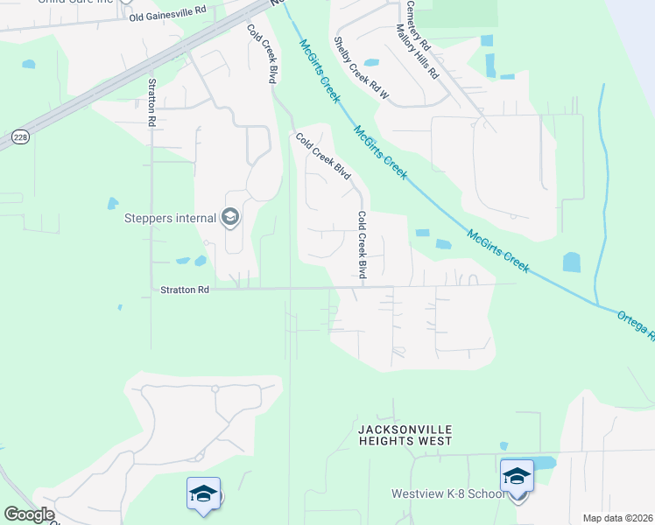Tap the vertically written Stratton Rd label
(151, 103)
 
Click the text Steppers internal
(172, 216)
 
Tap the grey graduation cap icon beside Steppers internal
(230, 216)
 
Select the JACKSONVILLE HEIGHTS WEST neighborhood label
(405, 435)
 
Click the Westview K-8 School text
(447, 494)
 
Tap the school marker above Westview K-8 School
(517, 476)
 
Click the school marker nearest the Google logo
(203, 493)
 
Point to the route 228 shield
(19, 136)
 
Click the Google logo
(29, 514)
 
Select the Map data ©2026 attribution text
(618, 518)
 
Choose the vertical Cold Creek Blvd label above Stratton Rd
(362, 246)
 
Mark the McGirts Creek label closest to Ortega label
(498, 251)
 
